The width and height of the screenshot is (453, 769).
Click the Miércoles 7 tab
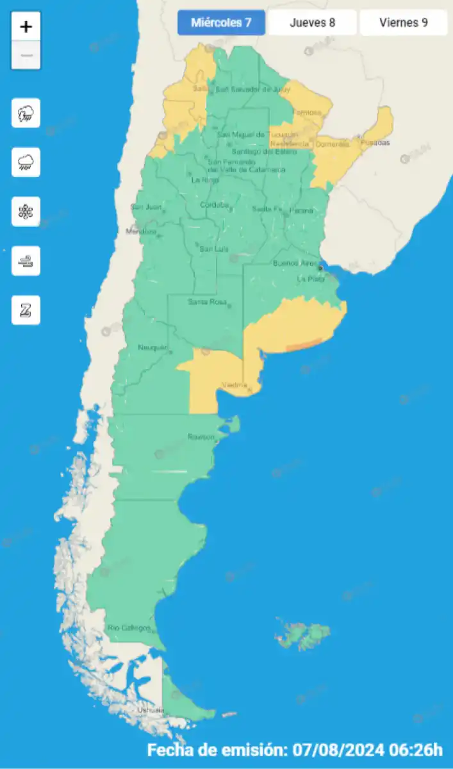pos(220,23)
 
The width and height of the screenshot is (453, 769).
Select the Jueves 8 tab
pos(312,23)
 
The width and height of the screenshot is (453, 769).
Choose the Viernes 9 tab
pos(403,23)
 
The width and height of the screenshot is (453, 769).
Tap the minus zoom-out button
pos(26,56)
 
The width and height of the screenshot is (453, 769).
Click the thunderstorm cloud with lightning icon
pos(26,113)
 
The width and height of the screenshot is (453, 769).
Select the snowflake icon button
pos(26,211)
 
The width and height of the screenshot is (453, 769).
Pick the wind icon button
pos(26,261)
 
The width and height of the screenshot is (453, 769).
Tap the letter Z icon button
pos(26,310)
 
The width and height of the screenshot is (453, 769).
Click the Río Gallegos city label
pos(129,627)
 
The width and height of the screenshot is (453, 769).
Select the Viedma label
pos(234,384)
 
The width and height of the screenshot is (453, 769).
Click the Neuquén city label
pos(152,347)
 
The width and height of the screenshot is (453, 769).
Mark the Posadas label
pos(375,143)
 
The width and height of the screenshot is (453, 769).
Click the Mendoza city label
pos(141,231)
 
